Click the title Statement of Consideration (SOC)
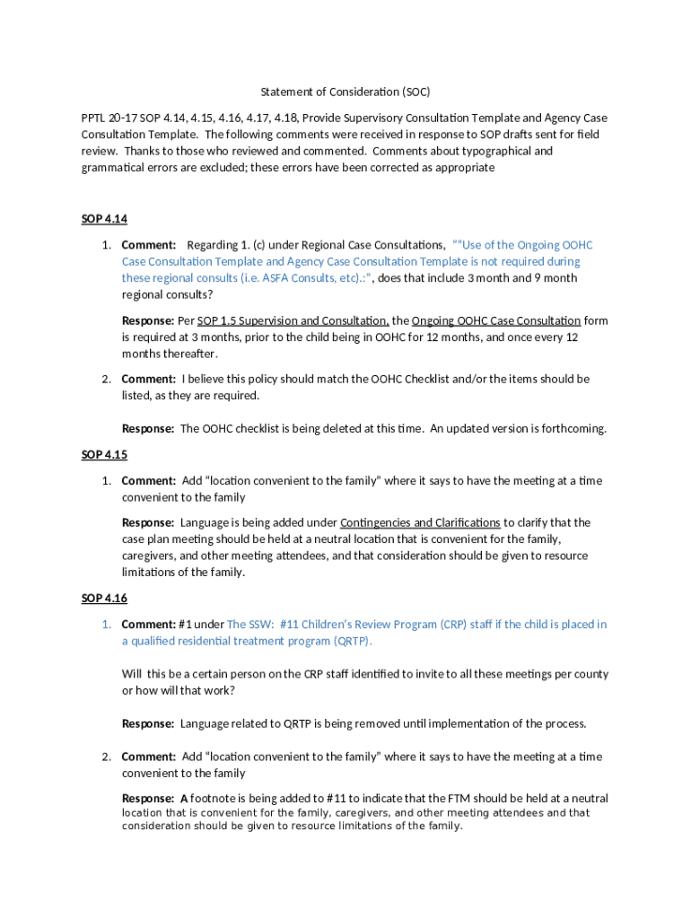point(345,92)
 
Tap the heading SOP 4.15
point(104,455)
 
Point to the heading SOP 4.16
point(104,599)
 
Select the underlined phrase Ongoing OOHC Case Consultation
point(496,320)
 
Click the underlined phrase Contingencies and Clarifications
point(420,522)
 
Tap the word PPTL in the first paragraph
point(92,118)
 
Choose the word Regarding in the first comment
point(214,245)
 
